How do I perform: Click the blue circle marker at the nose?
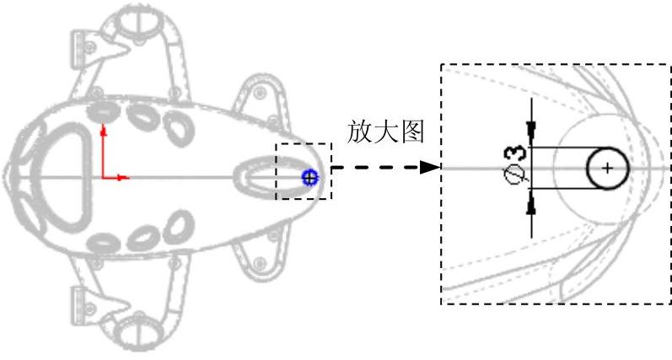tap(309, 177)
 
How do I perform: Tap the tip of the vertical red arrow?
tap(103, 126)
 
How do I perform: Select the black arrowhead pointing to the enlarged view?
tap(430, 168)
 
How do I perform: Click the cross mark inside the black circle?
tap(608, 168)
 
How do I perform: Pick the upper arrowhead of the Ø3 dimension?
tap(531, 126)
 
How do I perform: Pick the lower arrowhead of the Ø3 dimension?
tap(531, 207)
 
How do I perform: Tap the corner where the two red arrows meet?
tap(103, 178)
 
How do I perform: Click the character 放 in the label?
tap(358, 133)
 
